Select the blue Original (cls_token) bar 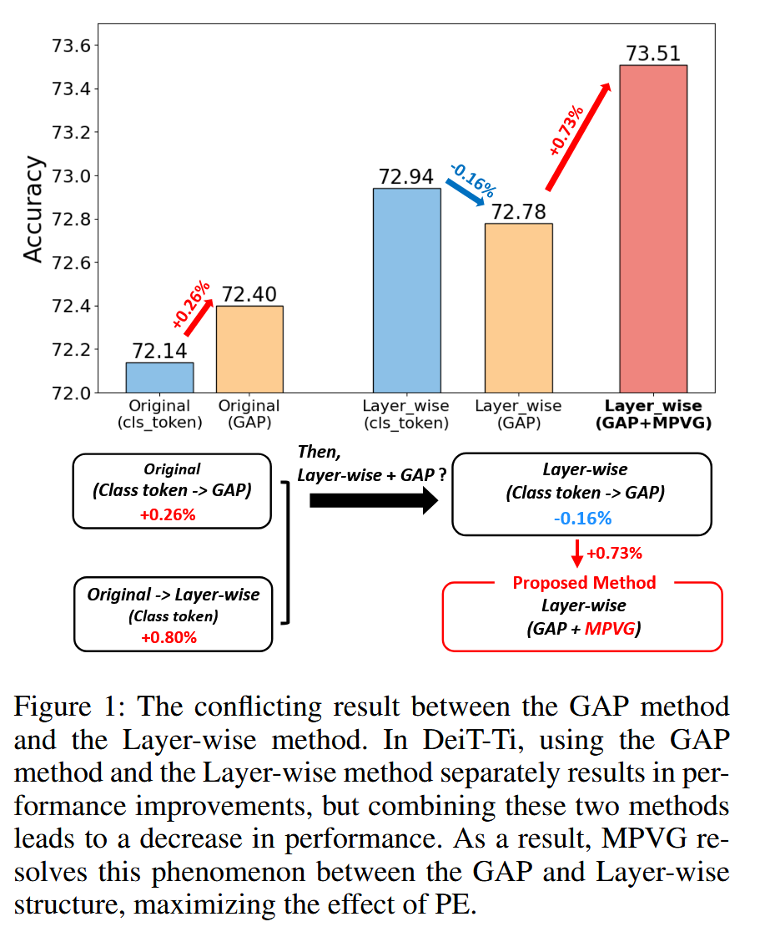(x=159, y=377)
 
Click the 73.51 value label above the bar (x=653, y=54)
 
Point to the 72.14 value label (x=159, y=352)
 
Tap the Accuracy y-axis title (x=33, y=209)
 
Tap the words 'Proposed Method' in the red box (x=584, y=582)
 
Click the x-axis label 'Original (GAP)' (x=249, y=414)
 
